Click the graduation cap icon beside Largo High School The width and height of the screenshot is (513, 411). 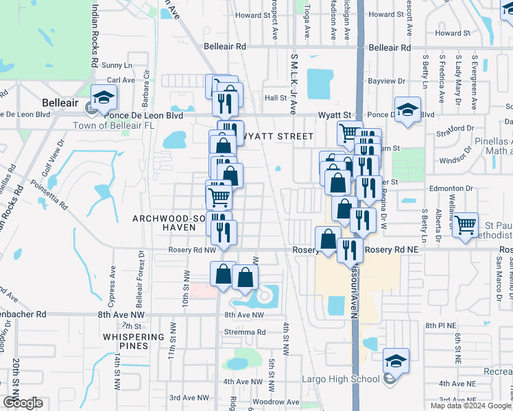pos(396,360)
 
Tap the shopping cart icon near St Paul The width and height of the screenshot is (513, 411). pos(466,224)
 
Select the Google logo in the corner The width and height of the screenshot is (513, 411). pos(23,403)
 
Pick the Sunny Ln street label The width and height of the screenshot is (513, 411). pos(117,66)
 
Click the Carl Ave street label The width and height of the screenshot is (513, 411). pos(121,80)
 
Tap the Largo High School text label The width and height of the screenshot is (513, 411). pos(342,379)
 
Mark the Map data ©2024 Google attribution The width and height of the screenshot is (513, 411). pos(470,406)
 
